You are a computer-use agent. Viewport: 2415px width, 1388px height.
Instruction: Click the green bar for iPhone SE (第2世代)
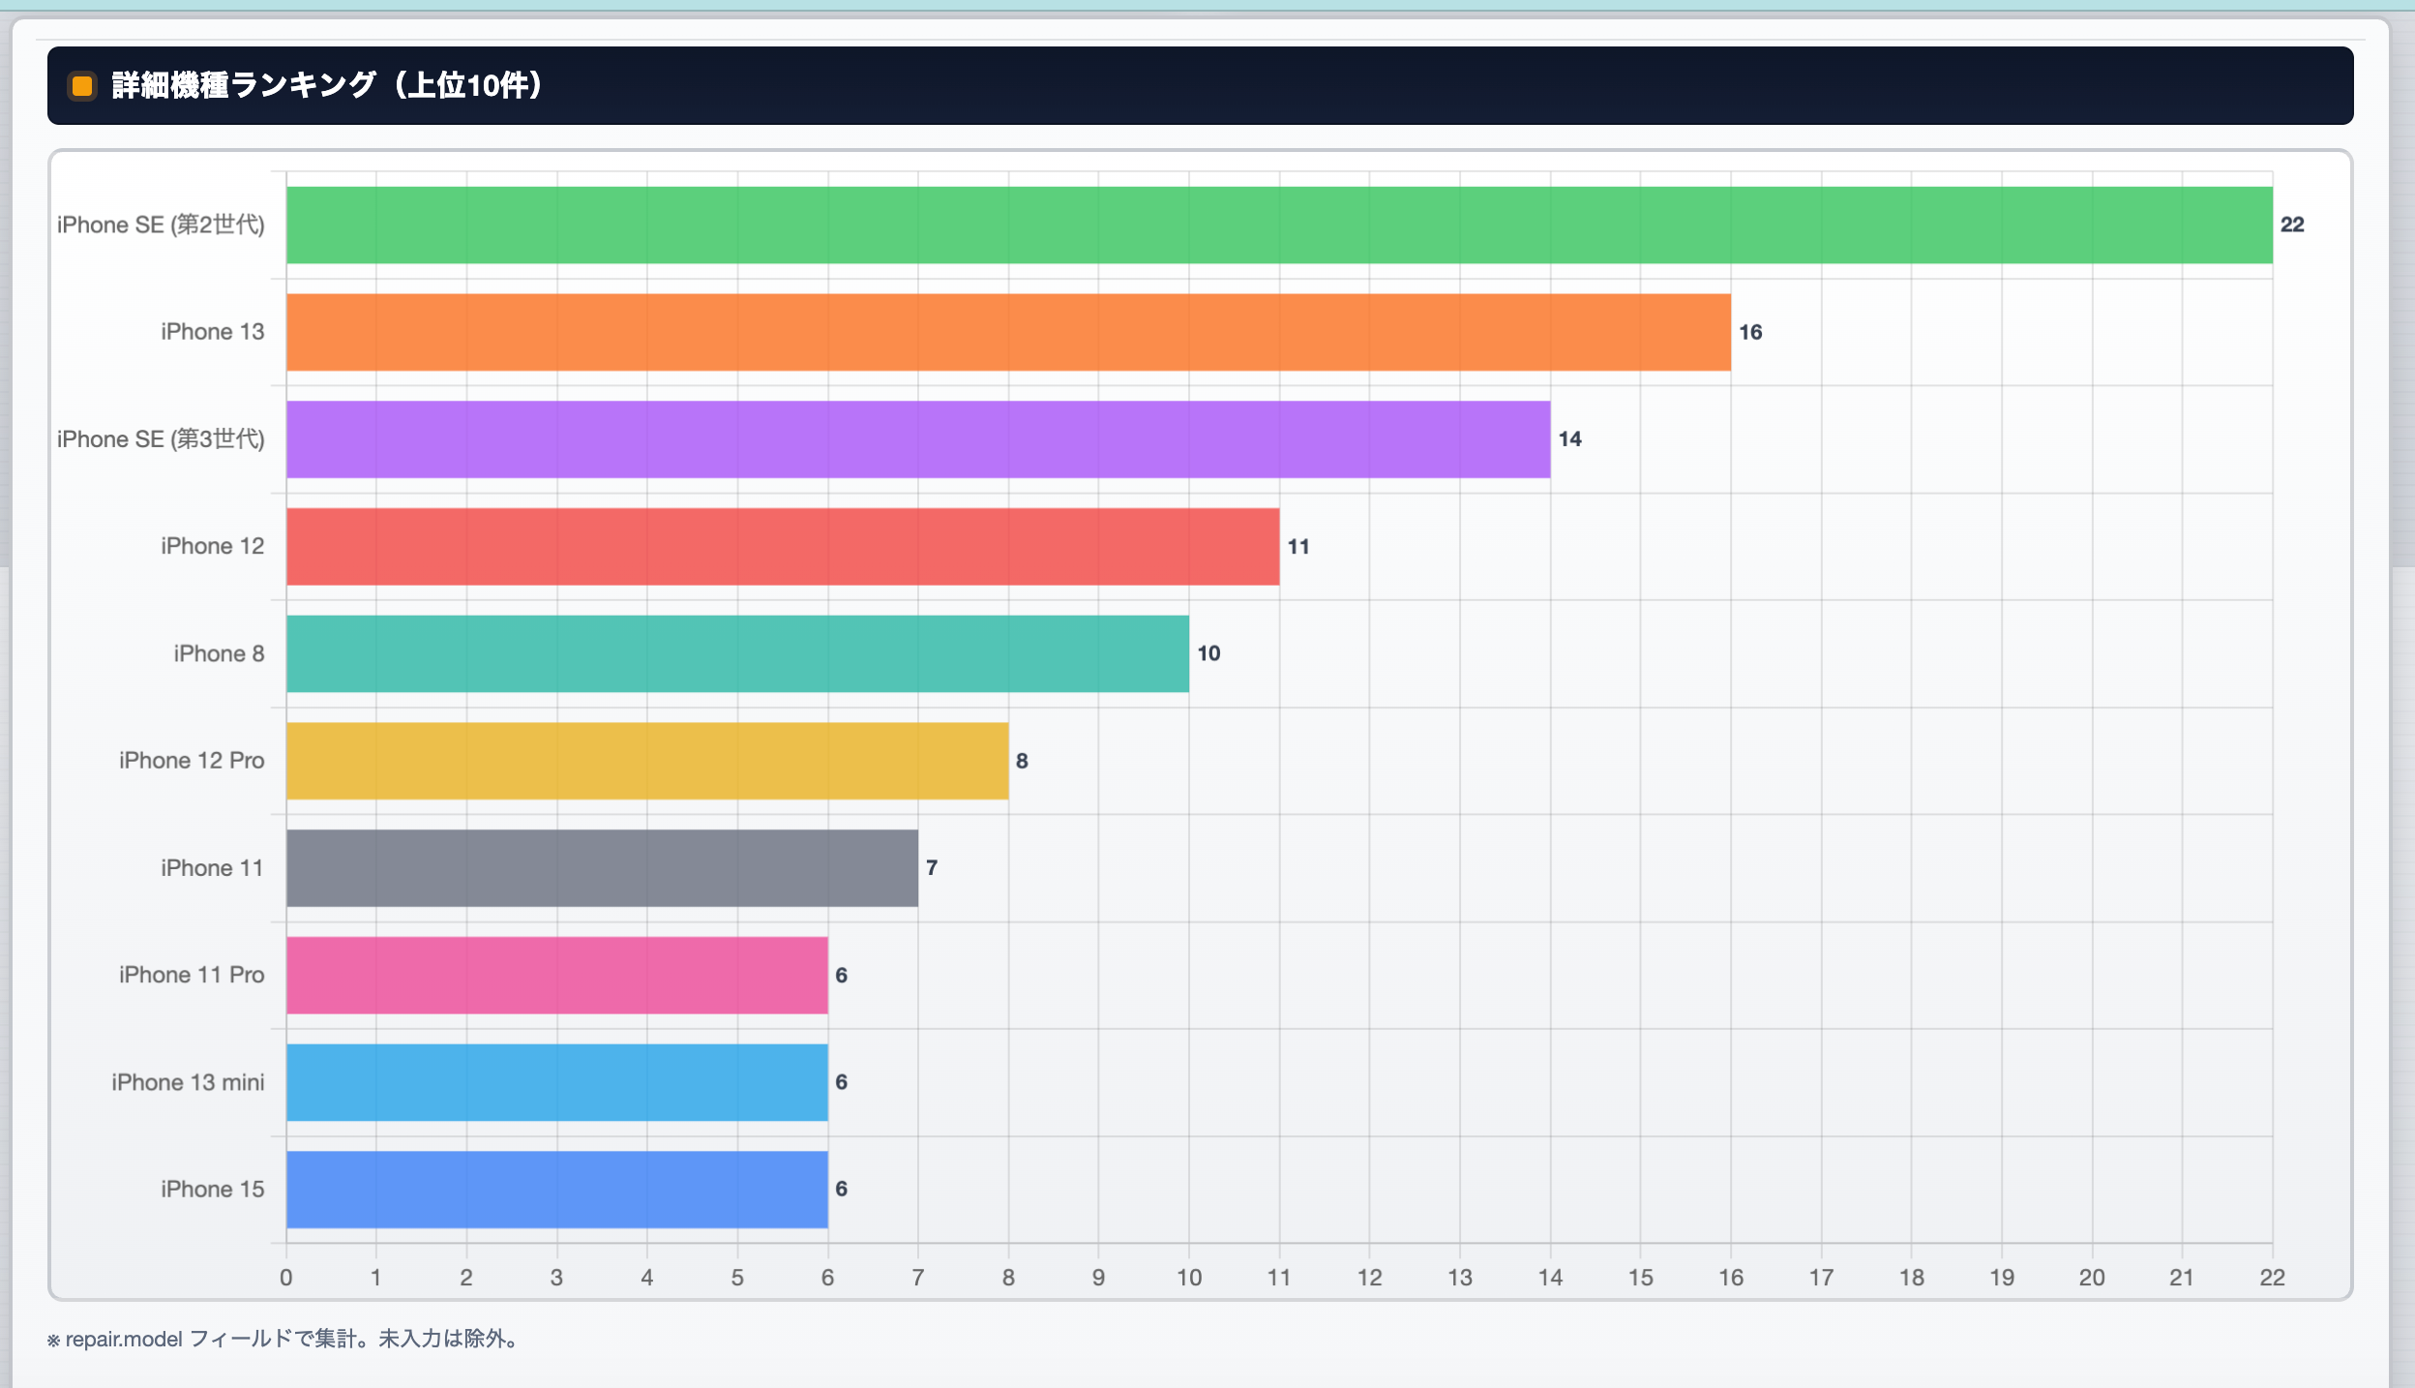click(1279, 225)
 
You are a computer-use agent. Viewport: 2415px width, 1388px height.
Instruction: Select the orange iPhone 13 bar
click(1008, 332)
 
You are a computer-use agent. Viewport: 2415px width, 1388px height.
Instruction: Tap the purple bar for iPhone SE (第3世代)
click(918, 439)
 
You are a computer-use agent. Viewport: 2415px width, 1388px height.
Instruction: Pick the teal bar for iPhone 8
click(737, 653)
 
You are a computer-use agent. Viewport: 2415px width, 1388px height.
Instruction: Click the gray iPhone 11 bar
click(602, 868)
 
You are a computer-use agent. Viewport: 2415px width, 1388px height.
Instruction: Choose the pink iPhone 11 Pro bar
click(556, 975)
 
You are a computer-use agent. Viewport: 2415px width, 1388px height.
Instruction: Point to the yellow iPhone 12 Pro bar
click(647, 761)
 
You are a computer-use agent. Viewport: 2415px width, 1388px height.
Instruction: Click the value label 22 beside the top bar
click(2292, 225)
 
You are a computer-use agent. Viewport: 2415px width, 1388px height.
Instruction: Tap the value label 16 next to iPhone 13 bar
click(1750, 332)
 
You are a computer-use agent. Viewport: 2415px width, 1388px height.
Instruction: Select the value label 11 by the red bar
click(1298, 547)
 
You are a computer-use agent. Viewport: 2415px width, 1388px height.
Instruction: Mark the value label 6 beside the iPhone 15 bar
click(841, 1189)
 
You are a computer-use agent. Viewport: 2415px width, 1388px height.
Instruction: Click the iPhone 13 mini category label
click(188, 1082)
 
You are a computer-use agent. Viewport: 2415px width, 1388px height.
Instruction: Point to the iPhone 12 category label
click(212, 546)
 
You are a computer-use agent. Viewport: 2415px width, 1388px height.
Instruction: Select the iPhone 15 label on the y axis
click(212, 1189)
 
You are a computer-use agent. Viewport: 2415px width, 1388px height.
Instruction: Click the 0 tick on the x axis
click(285, 1278)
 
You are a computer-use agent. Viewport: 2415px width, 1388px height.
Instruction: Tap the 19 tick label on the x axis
click(2002, 1278)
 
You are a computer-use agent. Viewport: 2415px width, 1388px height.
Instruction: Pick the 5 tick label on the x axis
click(737, 1278)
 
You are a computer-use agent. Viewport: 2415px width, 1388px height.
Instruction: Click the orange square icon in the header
click(82, 86)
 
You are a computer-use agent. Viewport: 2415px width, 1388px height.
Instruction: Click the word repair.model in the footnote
click(124, 1340)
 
